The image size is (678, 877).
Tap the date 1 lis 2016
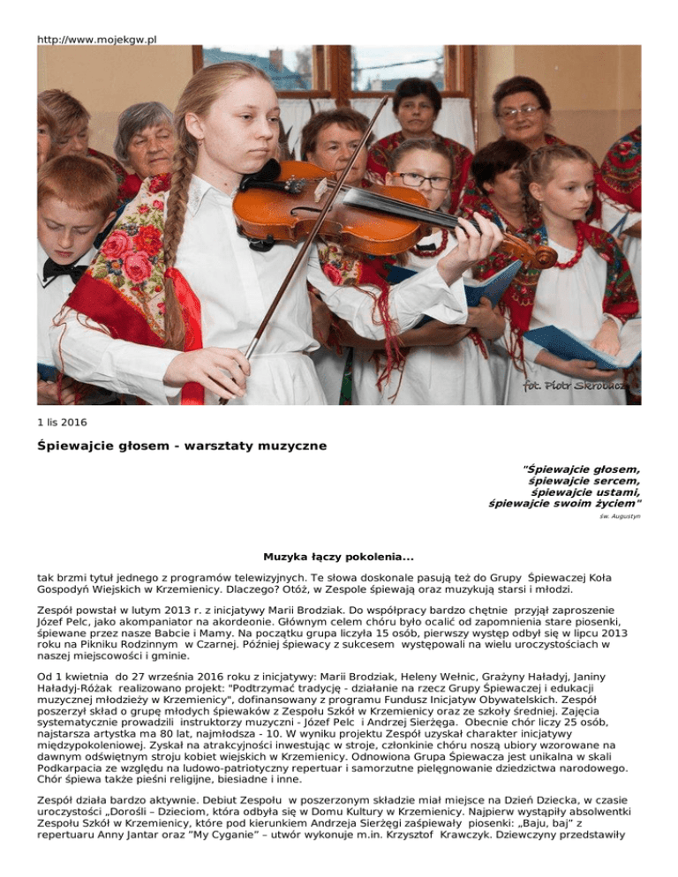pyautogui.click(x=62, y=422)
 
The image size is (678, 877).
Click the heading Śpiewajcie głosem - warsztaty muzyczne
pyautogui.click(x=182, y=446)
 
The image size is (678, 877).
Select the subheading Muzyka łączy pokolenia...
pyautogui.click(x=339, y=557)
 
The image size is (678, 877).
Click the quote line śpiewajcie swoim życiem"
pyautogui.click(x=565, y=504)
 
